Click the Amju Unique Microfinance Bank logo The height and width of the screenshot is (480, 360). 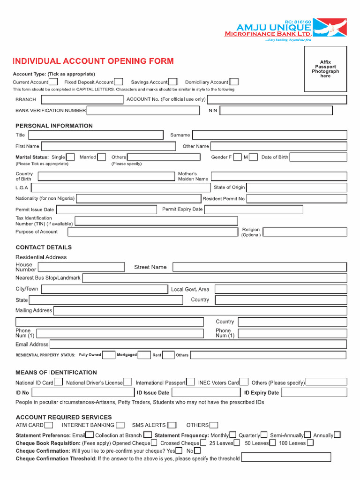[x=285, y=30]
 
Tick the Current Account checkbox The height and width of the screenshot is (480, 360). [x=53, y=82]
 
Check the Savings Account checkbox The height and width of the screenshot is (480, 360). [x=172, y=82]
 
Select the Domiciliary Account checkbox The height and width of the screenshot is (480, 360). [x=233, y=82]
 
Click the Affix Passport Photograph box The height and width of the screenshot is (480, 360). [x=325, y=69]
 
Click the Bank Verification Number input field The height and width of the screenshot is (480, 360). [x=143, y=111]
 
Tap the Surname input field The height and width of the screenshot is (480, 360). [x=270, y=135]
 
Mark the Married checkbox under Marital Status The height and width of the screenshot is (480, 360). [x=102, y=157]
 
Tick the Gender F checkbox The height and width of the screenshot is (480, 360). [x=237, y=157]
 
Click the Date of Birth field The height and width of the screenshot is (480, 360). [x=318, y=157]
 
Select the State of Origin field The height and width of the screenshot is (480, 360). [x=297, y=187]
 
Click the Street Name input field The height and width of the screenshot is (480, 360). [x=260, y=267]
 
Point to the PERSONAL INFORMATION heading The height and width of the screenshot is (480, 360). [x=54, y=126]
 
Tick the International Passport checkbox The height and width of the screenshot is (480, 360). [x=190, y=382]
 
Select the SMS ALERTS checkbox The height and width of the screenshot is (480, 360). [x=172, y=425]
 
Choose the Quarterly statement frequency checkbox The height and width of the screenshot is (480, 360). [x=264, y=435]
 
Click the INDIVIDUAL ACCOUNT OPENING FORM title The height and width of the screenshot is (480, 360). [x=93, y=61]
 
